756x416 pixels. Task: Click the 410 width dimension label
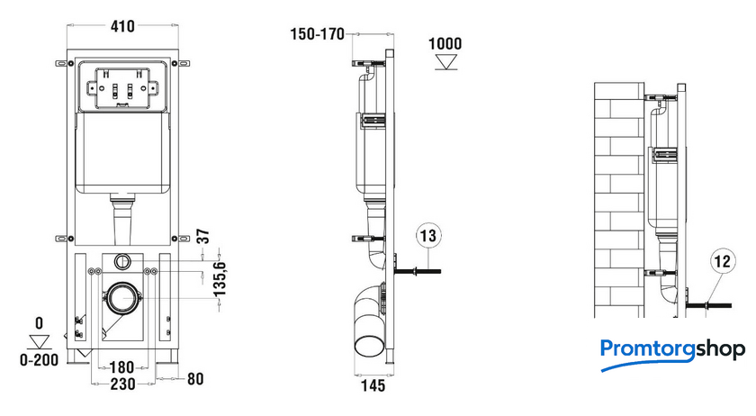tap(122, 26)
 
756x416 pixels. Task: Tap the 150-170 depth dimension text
tap(317, 34)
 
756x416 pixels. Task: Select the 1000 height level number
tap(445, 44)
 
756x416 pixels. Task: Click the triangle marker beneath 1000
tap(446, 62)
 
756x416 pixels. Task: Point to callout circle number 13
tap(428, 236)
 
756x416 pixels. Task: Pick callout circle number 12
tap(722, 261)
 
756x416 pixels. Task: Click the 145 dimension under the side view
tap(373, 385)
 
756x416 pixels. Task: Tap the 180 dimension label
tap(122, 367)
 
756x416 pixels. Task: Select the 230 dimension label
tap(123, 384)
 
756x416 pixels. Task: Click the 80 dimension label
tap(195, 379)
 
